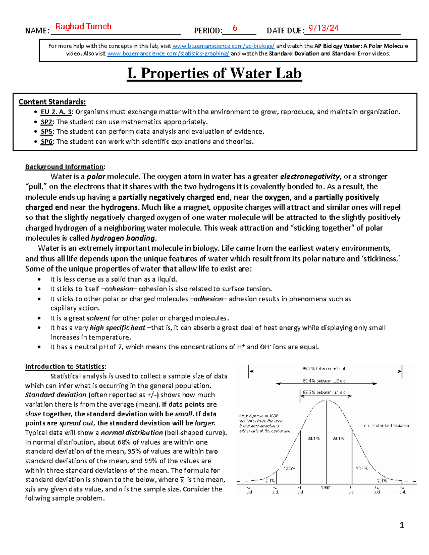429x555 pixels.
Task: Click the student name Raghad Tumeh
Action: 83,26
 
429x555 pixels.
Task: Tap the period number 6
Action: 235,28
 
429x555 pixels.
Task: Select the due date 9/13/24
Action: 323,28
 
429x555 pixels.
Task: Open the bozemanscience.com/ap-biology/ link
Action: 223,46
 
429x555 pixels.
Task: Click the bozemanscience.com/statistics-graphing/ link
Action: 168,54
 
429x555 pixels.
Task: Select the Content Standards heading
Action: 52,102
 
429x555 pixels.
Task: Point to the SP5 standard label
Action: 46,132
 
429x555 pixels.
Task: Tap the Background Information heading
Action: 65,167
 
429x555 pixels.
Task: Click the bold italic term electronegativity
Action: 310,177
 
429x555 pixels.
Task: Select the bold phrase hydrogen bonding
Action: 123,238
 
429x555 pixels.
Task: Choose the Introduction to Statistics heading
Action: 65,366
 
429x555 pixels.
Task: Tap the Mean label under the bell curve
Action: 325,487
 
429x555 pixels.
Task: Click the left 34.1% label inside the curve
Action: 314,438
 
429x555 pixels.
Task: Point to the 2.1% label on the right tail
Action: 382,481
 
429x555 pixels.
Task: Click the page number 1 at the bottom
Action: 402,525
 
